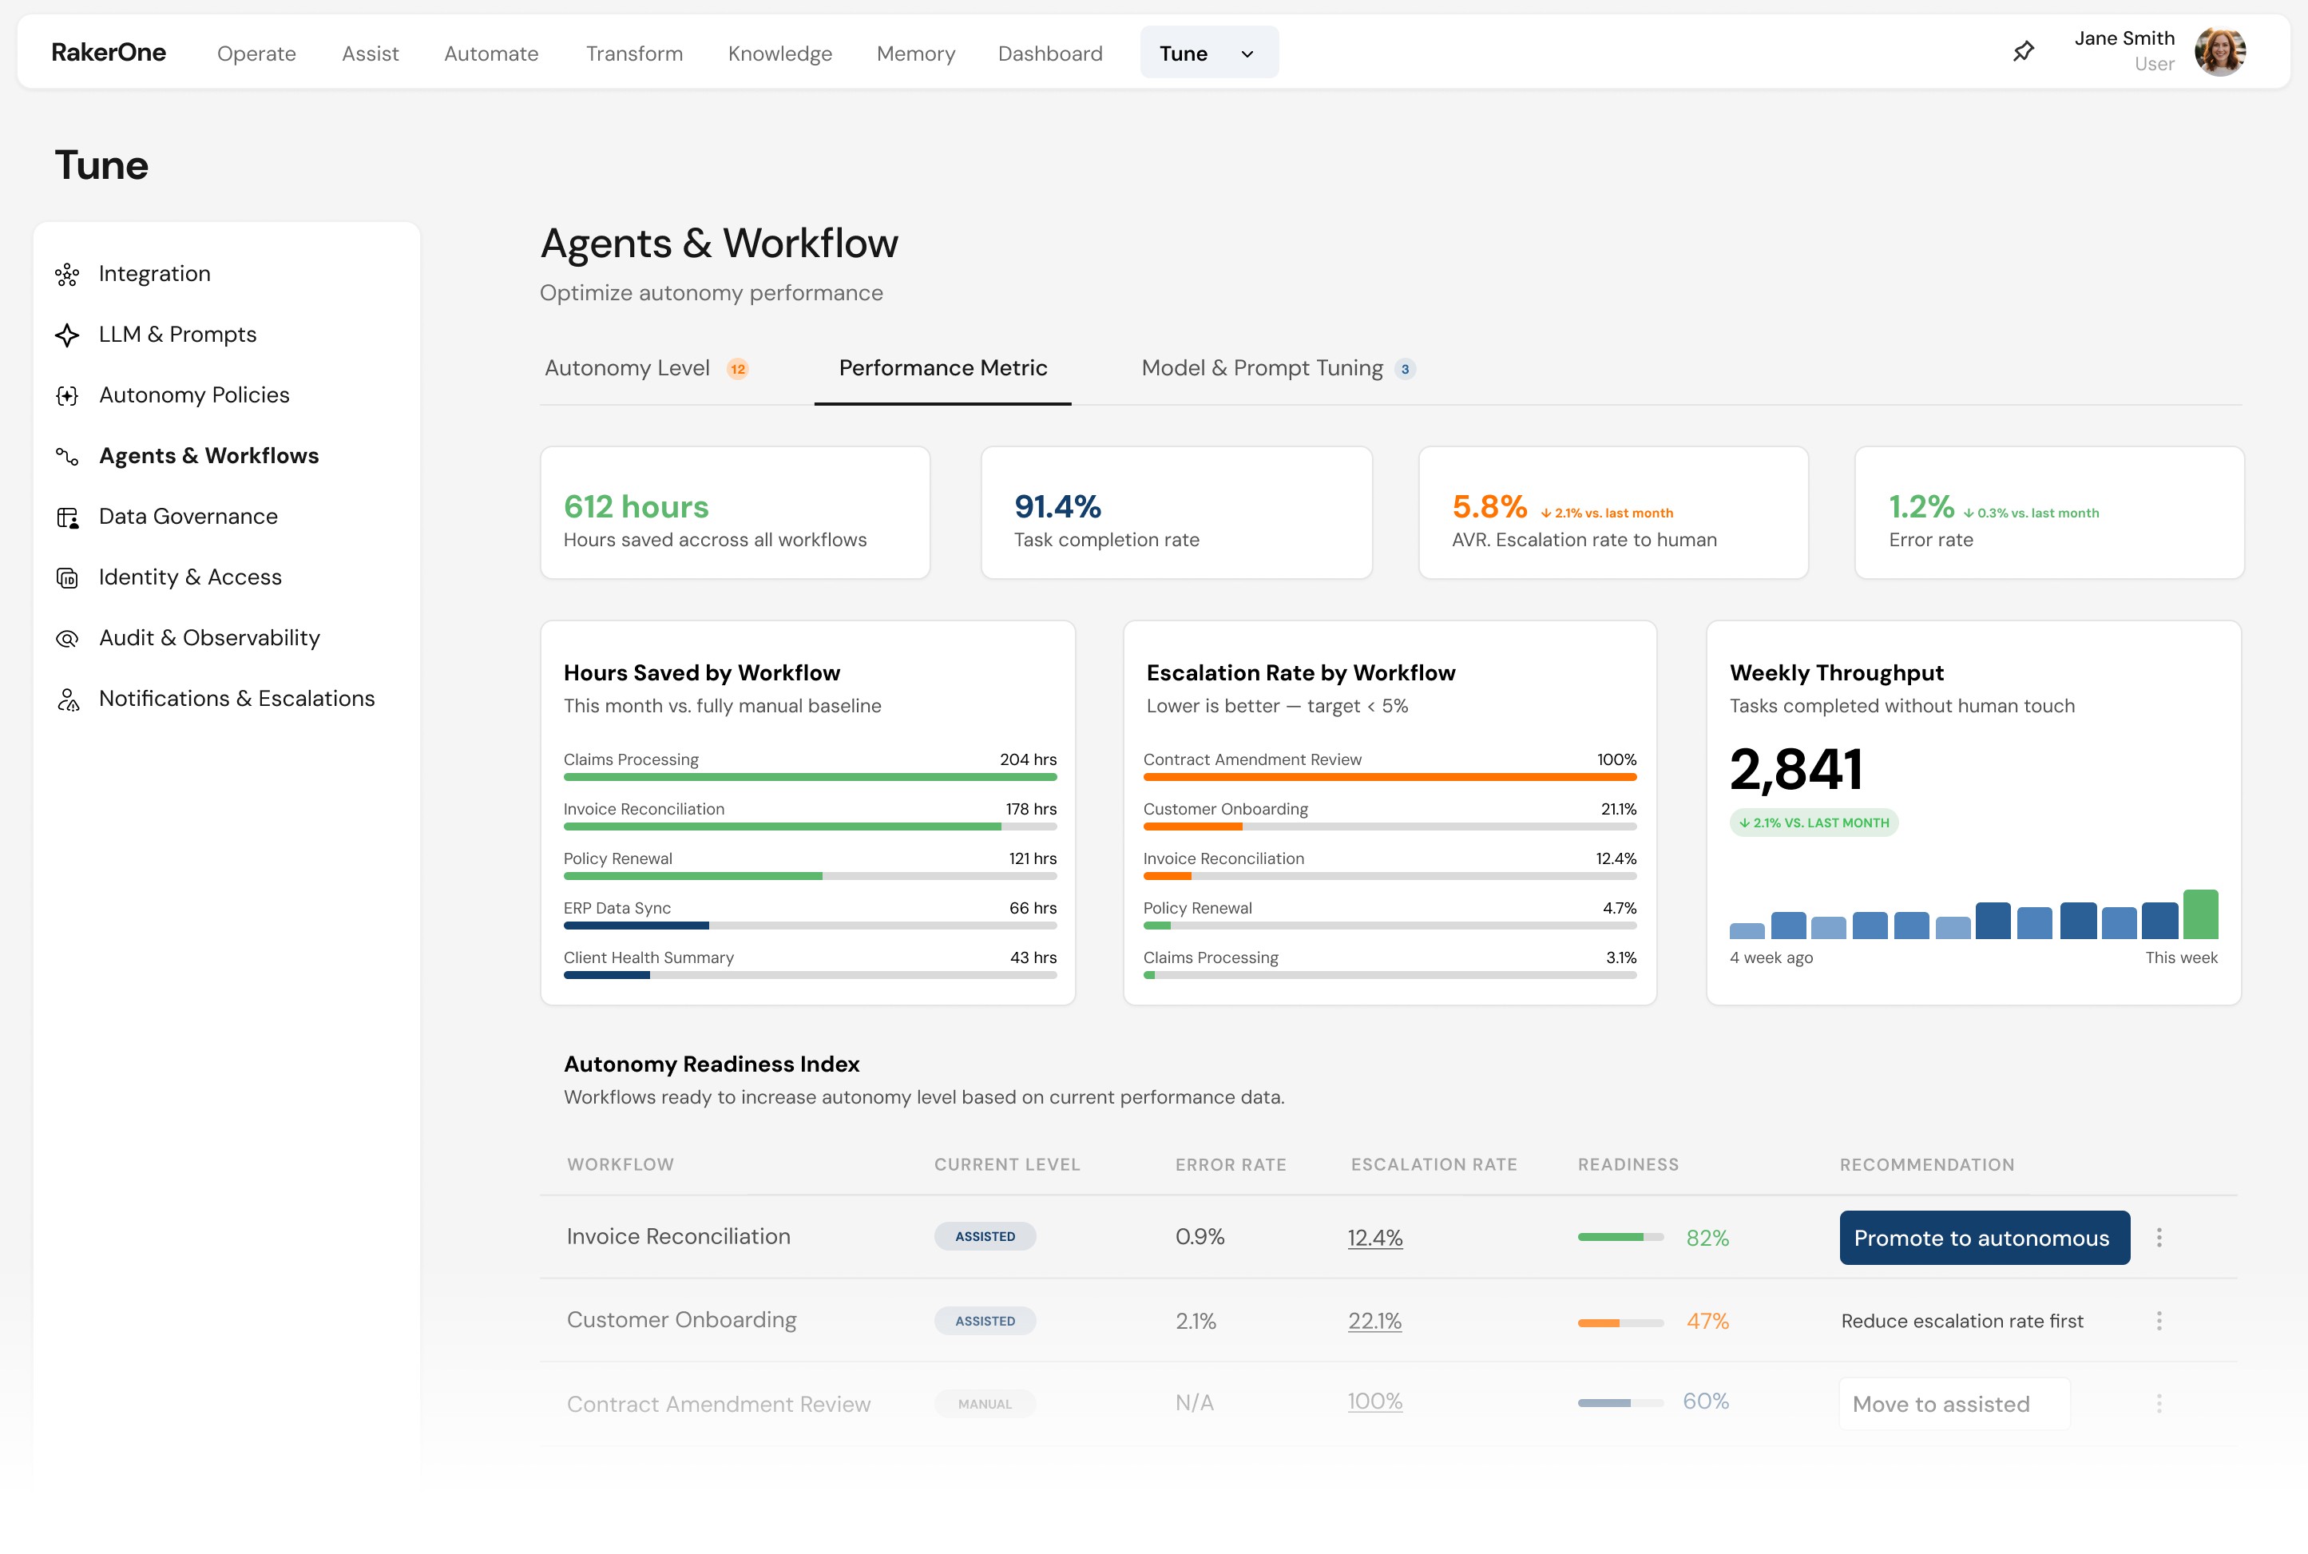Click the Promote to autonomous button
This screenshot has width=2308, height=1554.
coord(1983,1238)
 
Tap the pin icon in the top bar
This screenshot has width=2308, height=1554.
coord(2024,52)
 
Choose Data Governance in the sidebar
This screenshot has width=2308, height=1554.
coord(188,517)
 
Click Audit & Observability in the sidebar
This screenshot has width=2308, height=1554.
coord(209,637)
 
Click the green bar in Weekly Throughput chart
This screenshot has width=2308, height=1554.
coord(2200,914)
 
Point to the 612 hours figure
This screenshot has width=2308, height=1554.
coord(635,506)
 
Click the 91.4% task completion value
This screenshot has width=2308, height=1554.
coord(1057,506)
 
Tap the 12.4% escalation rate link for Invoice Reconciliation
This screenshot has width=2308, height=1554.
coord(1374,1238)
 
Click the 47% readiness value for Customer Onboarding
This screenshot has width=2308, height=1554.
coord(1707,1321)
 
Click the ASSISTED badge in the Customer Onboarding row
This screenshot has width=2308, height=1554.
coord(984,1321)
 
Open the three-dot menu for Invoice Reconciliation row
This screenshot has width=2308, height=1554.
coord(2159,1238)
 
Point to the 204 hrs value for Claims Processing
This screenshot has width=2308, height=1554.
coord(1028,759)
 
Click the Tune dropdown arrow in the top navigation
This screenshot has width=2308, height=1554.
coord(1247,54)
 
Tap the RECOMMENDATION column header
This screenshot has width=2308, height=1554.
coord(1925,1164)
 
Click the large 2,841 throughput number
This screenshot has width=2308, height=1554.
coord(1795,769)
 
